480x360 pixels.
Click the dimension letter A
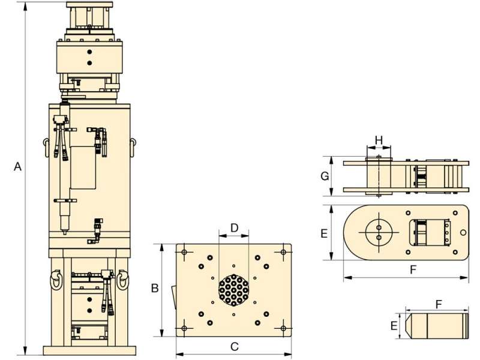point(18,167)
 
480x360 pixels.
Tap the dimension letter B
point(155,288)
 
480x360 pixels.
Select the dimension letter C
point(234,347)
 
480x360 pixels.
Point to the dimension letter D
point(234,228)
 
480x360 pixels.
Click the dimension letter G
point(325,176)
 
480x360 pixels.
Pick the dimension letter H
point(379,140)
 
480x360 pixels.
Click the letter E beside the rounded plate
point(324,233)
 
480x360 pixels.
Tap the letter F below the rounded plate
point(413,269)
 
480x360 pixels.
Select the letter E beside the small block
point(394,325)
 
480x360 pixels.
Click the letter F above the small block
point(439,304)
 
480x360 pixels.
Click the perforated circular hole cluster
point(233,290)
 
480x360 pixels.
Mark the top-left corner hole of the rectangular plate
point(184,252)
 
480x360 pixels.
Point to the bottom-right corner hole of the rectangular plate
point(283,328)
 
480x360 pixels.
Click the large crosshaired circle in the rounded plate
point(379,232)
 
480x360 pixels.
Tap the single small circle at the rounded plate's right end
point(463,233)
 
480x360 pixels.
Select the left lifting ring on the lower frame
point(56,280)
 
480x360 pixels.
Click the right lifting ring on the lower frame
point(122,280)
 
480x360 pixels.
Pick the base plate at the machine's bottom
point(89,350)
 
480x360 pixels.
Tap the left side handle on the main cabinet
point(46,148)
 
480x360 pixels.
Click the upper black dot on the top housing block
point(89,52)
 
